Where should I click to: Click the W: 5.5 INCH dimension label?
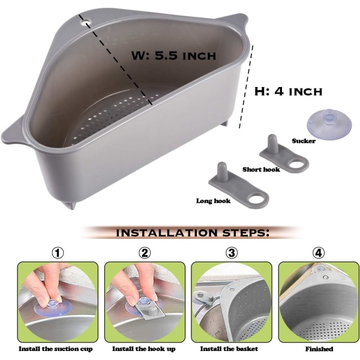(173, 55)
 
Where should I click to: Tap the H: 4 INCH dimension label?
(289, 91)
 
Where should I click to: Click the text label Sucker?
(304, 141)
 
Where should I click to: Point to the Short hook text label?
(261, 169)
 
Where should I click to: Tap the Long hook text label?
(213, 201)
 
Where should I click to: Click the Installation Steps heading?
(193, 233)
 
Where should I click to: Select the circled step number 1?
(58, 253)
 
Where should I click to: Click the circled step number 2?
(145, 253)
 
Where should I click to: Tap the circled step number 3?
(232, 253)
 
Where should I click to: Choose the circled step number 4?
(319, 253)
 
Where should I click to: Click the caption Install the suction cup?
(56, 349)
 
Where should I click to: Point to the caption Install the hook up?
(144, 349)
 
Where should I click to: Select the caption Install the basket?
(229, 349)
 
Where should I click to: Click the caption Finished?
(319, 349)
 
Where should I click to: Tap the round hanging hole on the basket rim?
(86, 22)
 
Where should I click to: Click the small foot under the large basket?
(71, 205)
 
